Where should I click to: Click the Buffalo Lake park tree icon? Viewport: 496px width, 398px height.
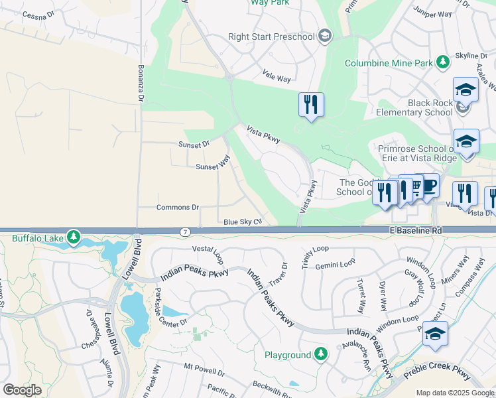(73, 236)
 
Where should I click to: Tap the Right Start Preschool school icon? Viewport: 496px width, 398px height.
(324, 36)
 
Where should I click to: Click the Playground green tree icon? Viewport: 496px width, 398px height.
(321, 354)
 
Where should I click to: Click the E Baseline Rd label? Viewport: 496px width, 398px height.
(414, 230)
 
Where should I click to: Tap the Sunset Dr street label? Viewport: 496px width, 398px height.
(194, 143)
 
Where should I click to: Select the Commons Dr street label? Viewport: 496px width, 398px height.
(177, 207)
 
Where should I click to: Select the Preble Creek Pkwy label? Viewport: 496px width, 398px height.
(436, 375)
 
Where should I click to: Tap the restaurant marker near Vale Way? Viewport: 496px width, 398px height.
(311, 105)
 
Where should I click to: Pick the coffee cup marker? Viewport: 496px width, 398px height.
(430, 186)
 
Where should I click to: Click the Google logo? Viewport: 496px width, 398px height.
(22, 390)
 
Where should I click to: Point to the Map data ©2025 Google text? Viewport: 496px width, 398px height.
(455, 393)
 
